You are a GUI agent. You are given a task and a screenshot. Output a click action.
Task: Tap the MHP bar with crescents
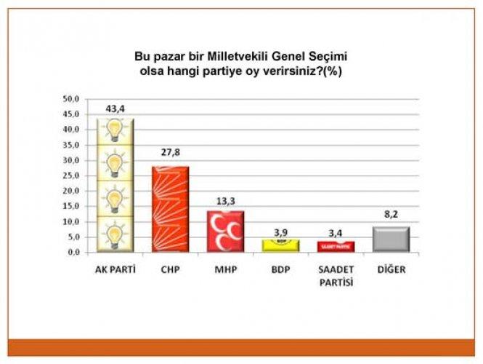tap(225, 232)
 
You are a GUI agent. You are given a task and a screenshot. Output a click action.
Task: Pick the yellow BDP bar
tap(280, 245)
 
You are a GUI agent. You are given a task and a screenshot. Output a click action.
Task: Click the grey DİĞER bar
tap(390, 240)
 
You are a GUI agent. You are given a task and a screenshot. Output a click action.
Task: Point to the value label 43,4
tap(115, 109)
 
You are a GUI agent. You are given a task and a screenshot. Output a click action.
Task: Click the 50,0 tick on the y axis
tap(72, 99)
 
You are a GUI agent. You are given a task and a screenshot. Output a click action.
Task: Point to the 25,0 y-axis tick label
tap(72, 175)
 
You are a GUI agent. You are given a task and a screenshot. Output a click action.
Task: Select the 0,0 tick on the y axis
tap(74, 252)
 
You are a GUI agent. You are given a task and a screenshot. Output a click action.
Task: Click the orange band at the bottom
tap(241, 347)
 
